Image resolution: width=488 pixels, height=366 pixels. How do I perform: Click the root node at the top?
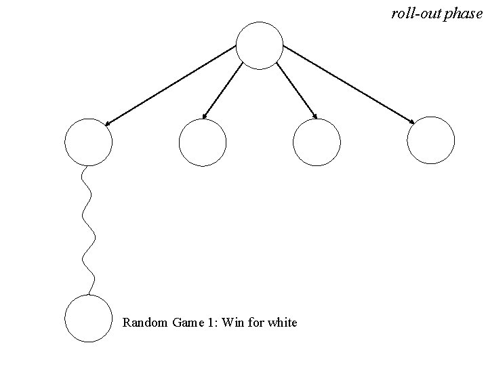pyautogui.click(x=259, y=45)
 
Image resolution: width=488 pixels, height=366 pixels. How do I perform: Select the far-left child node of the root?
pyautogui.click(x=87, y=142)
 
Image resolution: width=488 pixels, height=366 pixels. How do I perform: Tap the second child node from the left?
pyautogui.click(x=202, y=142)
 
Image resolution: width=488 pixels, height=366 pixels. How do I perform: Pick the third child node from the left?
pyautogui.click(x=316, y=142)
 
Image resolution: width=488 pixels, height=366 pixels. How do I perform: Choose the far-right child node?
pyautogui.click(x=431, y=140)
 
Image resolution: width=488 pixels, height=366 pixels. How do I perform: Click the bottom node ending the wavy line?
pyautogui.click(x=87, y=319)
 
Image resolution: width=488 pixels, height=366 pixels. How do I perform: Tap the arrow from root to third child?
pyautogui.click(x=297, y=91)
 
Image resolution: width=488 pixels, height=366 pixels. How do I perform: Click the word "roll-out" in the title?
pyautogui.click(x=416, y=13)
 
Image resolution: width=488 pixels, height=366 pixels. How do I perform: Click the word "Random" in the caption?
pyautogui.click(x=144, y=323)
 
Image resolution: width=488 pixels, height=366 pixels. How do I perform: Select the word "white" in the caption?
pyautogui.click(x=282, y=323)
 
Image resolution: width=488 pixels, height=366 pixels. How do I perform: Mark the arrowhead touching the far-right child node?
pyautogui.click(x=412, y=122)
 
